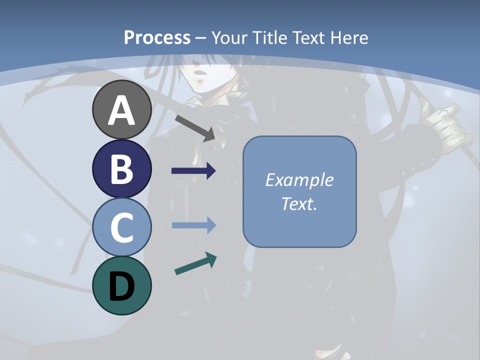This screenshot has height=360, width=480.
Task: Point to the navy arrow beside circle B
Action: point(193,171)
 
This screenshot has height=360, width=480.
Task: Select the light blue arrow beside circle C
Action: point(193,225)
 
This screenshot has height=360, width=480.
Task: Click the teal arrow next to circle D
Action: point(195,263)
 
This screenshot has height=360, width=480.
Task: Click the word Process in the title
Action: point(157,37)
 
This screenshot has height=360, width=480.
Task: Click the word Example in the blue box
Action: point(299,180)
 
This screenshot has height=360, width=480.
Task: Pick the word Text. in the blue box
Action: point(299,203)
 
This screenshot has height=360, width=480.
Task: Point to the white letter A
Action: point(121,110)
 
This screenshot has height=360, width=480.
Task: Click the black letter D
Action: point(121,286)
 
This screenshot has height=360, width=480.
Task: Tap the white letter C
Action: point(121,227)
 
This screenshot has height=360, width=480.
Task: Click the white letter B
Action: point(121,169)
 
